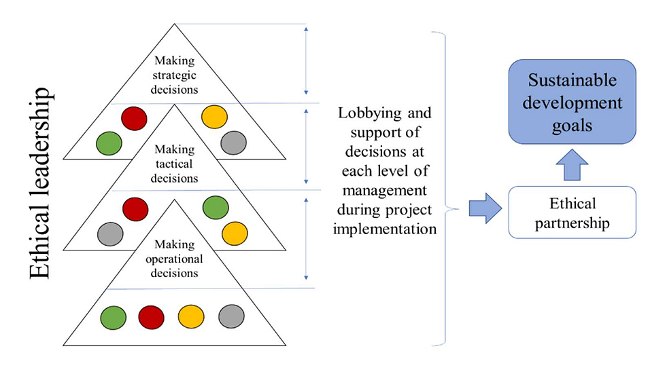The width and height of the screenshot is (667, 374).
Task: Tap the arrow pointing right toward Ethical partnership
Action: coord(484,207)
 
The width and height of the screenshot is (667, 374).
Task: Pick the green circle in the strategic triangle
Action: coord(109,143)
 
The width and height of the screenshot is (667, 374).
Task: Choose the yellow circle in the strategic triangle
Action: coord(214,117)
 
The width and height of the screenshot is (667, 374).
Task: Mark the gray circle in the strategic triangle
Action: coord(233,142)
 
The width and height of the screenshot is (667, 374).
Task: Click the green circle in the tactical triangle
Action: coord(216,208)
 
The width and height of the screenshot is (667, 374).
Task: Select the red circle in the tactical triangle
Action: coord(135,208)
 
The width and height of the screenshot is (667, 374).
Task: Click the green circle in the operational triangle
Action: coord(114,317)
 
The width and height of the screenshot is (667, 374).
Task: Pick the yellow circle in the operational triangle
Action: coord(190,317)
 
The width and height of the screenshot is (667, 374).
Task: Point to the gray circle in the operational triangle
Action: coord(231,317)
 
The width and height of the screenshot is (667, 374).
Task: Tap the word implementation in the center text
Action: coord(388,228)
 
